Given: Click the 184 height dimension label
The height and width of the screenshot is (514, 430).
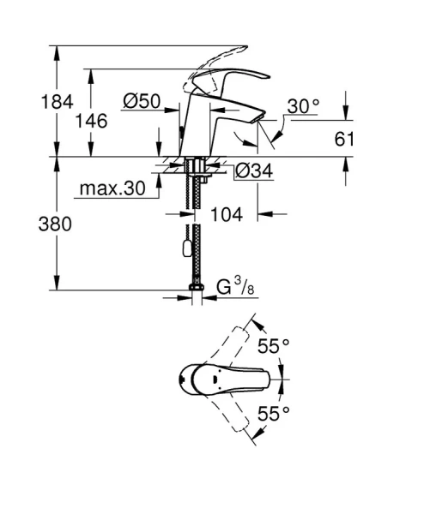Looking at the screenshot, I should (x=27, y=103).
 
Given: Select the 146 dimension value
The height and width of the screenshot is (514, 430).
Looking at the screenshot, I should (x=91, y=121).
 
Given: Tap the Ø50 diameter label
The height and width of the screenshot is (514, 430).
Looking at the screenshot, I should (x=142, y=102).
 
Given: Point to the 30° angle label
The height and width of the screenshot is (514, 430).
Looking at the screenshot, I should (x=303, y=106).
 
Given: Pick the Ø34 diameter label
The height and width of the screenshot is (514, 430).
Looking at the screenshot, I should (x=253, y=170).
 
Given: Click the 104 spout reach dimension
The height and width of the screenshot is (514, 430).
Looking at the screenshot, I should (x=226, y=214).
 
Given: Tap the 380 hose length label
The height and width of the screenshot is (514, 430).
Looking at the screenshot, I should (x=27, y=224).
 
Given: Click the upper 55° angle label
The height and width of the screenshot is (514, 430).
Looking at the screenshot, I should (x=274, y=346).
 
